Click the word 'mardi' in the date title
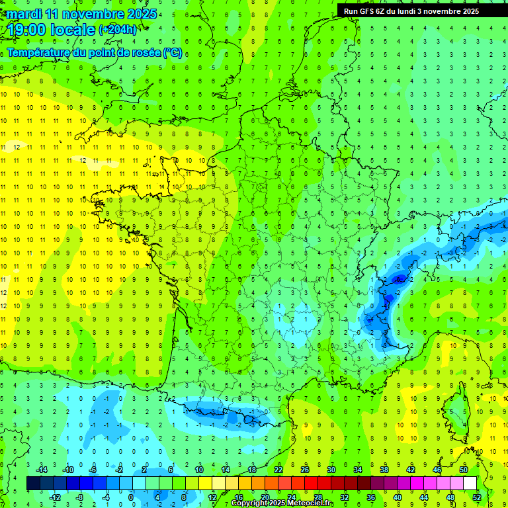23,14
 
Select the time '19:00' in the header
27,29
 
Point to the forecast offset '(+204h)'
118,29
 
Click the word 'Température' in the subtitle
39,52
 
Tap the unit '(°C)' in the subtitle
173,52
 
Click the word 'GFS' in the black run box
368,11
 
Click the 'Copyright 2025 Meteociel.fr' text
282,503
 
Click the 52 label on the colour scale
477,497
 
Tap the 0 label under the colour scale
131,497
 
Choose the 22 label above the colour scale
278,470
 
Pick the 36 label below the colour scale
371,497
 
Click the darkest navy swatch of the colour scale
33,484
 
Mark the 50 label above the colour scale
464,470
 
